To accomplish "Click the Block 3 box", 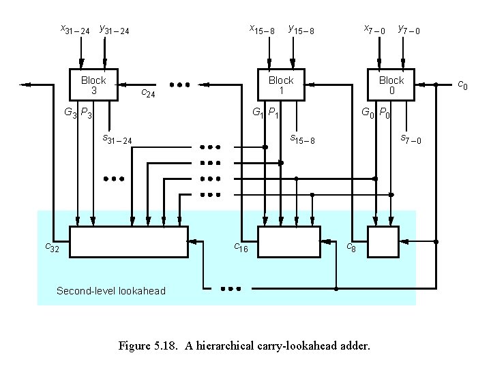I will [x=93, y=85].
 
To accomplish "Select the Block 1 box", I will [x=280, y=85].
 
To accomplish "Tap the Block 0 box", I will [x=391, y=85].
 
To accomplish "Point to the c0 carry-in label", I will [x=462, y=85].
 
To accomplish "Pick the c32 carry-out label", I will [x=52, y=248].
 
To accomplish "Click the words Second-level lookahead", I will [x=110, y=291].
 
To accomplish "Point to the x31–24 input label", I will [x=75, y=30].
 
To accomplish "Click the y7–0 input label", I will [x=409, y=30].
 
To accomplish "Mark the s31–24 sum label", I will [x=117, y=140].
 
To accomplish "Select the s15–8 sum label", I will [x=302, y=140].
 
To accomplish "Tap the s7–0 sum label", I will [x=411, y=140].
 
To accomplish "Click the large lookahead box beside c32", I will [x=129, y=242].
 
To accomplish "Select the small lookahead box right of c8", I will [x=383, y=242].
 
